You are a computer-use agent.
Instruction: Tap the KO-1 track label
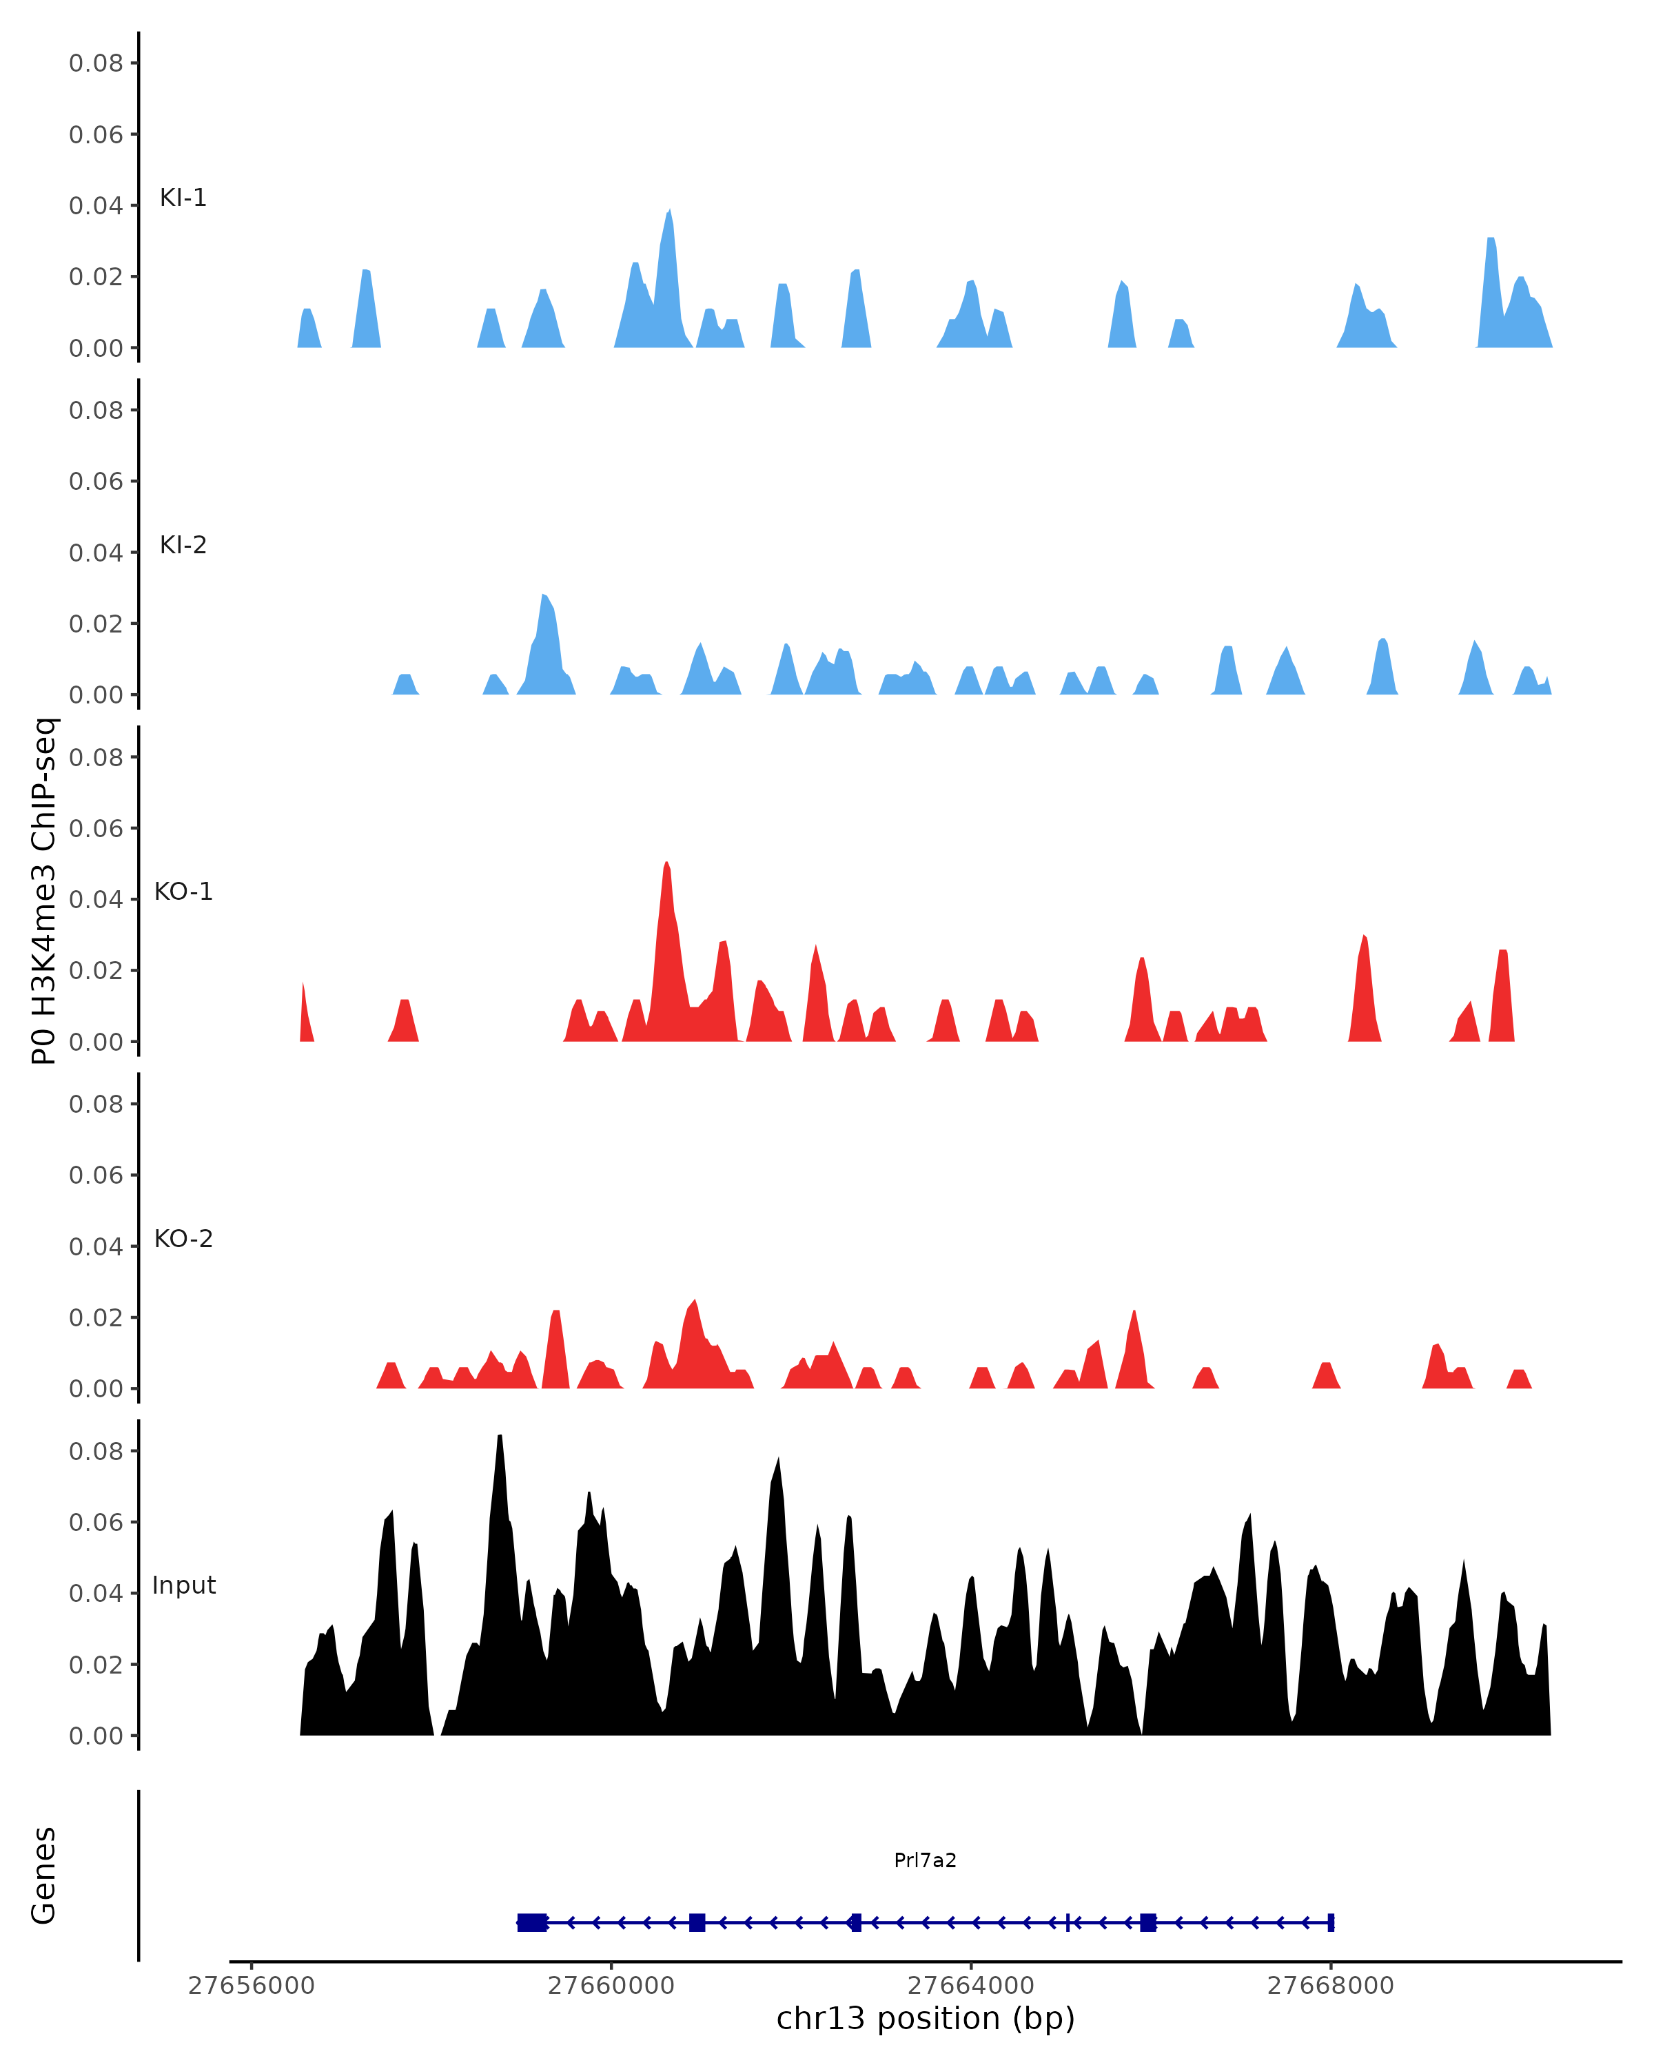point(183,892)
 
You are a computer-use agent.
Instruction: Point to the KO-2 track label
point(183,1239)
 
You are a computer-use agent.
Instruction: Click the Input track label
point(184,1585)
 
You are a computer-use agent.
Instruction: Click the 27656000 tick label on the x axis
point(252,1986)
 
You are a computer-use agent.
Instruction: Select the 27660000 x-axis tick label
point(611,1986)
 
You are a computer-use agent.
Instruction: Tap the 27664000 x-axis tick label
point(970,1986)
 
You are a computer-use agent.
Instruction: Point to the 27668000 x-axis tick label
point(1330,1986)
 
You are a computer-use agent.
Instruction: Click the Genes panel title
point(44,1875)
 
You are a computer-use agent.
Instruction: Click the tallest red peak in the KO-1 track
point(666,865)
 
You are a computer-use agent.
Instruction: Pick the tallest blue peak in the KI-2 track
point(544,597)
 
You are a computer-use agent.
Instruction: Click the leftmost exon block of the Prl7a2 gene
point(532,1922)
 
